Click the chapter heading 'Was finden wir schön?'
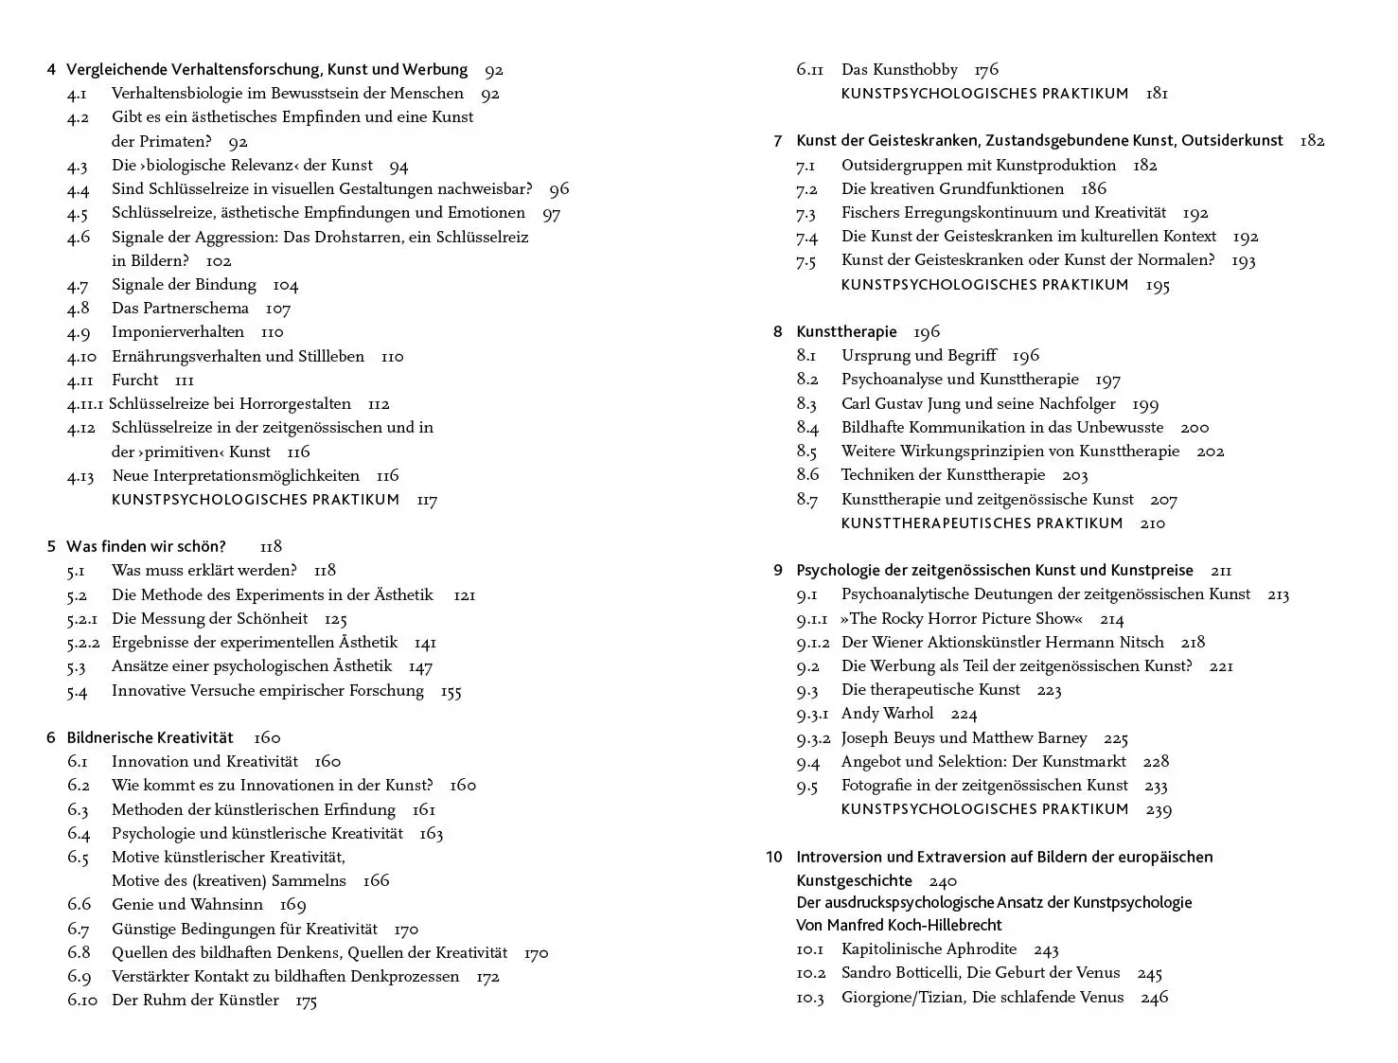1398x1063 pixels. coord(146,546)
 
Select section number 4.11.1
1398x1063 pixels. coord(84,404)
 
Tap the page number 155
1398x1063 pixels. coord(451,691)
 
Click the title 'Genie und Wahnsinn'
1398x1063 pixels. coord(187,905)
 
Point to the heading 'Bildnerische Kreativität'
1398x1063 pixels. coord(150,737)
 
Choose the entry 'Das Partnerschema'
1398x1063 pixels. coord(180,309)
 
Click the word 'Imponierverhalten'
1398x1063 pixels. coord(178,332)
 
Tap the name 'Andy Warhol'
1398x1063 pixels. coord(887,714)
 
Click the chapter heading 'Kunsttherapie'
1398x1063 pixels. coord(846,331)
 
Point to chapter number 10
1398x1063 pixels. coord(774,857)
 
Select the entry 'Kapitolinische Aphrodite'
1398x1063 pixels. coord(929,949)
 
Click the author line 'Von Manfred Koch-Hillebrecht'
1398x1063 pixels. coord(898,925)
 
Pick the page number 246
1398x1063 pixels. coord(1154,998)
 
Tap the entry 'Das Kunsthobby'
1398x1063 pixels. coord(899,70)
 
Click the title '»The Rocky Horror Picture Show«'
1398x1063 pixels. coord(961,619)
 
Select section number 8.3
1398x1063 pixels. coord(806,404)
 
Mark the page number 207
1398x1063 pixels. coord(1163,500)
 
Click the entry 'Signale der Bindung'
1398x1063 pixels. coord(184,285)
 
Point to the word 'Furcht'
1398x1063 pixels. coord(134,381)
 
